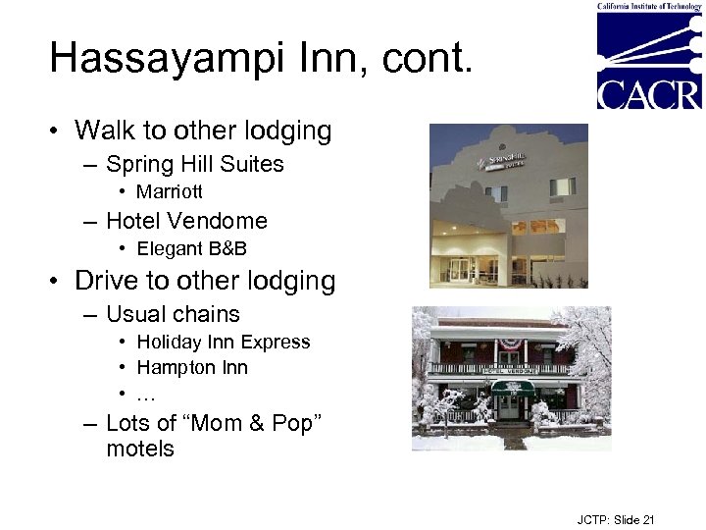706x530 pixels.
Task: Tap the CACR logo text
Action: pos(649,93)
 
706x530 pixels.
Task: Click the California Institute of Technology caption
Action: pos(649,6)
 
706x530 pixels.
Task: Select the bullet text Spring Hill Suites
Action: pos(194,164)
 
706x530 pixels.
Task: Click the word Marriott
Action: pos(170,191)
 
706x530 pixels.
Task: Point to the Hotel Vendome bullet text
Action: pos(186,221)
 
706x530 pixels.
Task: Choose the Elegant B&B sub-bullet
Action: pos(191,248)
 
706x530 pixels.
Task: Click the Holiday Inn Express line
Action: pos(223,342)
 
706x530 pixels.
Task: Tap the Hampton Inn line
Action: pos(192,367)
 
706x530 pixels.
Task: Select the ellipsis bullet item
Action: pos(146,394)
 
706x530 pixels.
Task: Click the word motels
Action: pos(140,449)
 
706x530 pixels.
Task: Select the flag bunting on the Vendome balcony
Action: pos(510,344)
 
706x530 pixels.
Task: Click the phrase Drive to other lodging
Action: pos(205,281)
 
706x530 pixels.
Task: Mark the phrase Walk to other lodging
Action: pos(203,131)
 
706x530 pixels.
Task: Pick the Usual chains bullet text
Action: pos(173,314)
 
